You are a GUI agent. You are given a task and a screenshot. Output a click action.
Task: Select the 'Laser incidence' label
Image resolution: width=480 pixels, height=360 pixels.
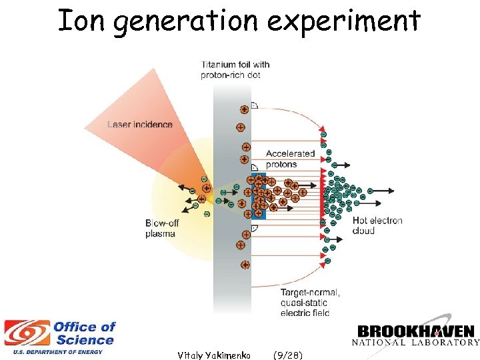point(140,125)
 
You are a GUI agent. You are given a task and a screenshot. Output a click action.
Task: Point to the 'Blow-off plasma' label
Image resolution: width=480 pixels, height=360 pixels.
point(160,228)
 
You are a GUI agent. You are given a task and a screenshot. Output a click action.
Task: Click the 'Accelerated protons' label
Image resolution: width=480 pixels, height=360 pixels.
point(290,159)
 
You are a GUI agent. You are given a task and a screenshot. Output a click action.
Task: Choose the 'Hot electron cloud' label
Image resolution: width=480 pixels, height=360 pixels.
point(377,225)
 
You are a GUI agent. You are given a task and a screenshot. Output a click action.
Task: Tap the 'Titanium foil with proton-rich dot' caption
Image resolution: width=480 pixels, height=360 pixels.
point(235,70)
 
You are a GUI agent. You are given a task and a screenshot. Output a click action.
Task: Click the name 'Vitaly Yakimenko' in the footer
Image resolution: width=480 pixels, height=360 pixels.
point(214,355)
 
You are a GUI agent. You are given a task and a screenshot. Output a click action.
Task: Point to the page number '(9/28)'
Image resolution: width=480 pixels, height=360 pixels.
point(287,355)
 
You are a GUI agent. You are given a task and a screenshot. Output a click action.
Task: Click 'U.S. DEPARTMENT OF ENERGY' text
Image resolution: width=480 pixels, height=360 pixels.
point(53,351)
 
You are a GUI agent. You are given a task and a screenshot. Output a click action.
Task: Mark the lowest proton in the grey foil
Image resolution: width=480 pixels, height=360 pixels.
point(245,265)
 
